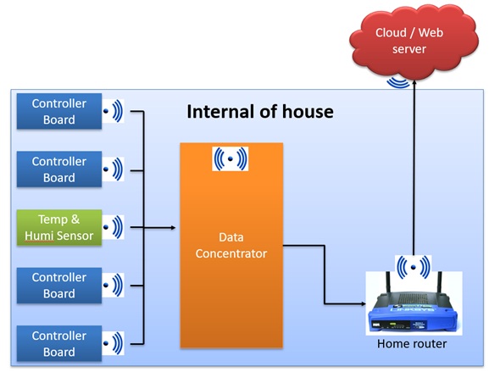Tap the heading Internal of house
(259, 112)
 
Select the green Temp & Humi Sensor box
(59, 227)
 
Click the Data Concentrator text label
(231, 245)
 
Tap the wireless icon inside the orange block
(230, 158)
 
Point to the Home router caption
(413, 343)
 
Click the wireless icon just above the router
(413, 269)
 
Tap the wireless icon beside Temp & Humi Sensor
(113, 227)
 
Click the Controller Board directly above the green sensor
(59, 169)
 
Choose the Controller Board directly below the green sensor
(59, 286)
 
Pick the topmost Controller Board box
(59, 112)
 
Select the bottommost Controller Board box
(59, 343)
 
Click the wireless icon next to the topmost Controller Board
(113, 111)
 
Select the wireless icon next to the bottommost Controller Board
(113, 343)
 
